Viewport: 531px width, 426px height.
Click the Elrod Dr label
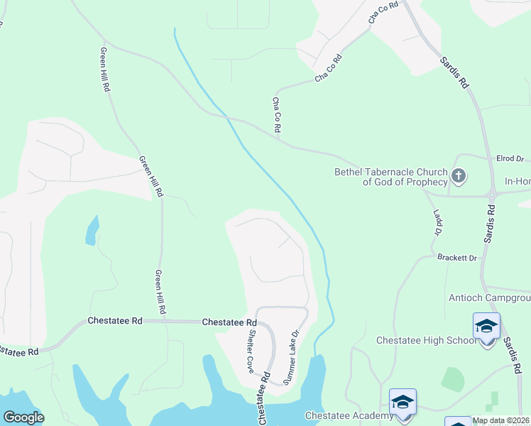tap(508, 159)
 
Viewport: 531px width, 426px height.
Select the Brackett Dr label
tap(457, 258)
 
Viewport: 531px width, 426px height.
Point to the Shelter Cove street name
tap(251, 351)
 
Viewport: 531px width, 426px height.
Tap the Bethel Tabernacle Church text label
tap(391, 177)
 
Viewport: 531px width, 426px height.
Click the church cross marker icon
tap(459, 175)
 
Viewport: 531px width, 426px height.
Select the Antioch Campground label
tap(489, 297)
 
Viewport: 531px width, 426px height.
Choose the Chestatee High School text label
tap(427, 341)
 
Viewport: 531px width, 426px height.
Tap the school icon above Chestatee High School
tap(487, 327)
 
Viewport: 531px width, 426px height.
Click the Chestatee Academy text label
tap(349, 415)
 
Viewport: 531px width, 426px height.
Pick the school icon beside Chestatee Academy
tap(403, 402)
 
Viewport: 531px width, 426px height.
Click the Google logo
tap(23, 417)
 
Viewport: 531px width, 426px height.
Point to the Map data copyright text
tap(501, 421)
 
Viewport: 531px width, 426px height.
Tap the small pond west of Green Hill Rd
tap(92, 231)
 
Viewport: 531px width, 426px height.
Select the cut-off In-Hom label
tap(518, 182)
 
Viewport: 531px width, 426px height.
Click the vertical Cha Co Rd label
tap(277, 115)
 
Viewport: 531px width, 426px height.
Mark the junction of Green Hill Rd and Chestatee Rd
tap(163, 321)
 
